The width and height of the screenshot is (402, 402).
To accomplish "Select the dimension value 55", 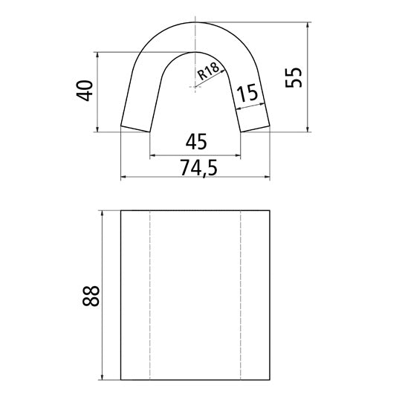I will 295,77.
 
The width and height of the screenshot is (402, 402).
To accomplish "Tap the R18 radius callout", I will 209,71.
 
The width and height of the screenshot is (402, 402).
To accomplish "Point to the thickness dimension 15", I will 248,94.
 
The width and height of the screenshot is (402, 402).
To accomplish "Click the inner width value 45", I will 195,141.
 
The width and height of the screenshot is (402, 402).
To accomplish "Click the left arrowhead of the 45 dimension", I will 154,156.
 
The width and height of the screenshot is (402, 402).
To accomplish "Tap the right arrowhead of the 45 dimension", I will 239,156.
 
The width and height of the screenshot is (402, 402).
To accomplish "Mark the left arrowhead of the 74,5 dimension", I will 124,178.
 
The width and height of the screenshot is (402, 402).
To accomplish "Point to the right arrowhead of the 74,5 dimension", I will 267,178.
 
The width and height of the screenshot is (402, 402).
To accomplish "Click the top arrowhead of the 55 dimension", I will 308,25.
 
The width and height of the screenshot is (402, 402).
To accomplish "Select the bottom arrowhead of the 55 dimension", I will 308,129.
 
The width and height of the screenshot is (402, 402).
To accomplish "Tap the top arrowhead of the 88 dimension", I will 100,214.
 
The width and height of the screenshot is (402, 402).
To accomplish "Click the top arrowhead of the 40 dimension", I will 97,56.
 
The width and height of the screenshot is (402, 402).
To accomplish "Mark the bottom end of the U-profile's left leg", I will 136,129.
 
